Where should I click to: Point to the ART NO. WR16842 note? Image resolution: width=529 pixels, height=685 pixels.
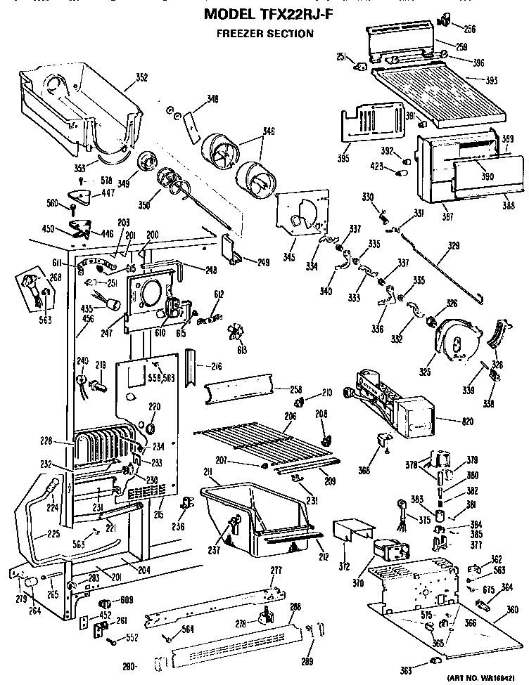(483, 679)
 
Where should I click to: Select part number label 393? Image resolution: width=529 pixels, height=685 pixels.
(491, 81)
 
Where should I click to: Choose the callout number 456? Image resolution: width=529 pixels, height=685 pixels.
(68, 320)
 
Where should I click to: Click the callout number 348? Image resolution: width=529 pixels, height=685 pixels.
(212, 98)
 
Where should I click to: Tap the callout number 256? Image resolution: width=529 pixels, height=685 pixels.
(469, 29)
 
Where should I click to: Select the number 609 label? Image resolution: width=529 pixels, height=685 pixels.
(127, 600)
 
